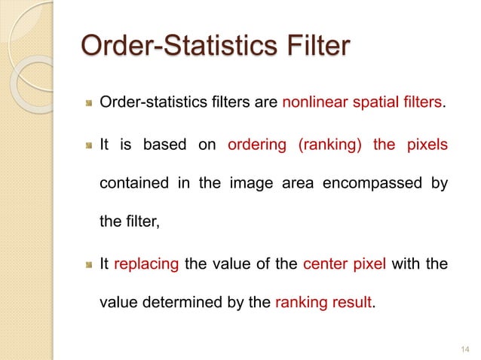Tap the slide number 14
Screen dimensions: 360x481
462,347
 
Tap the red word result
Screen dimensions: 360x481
350,304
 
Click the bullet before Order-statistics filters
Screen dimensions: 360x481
88,103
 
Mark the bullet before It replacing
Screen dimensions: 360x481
88,264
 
